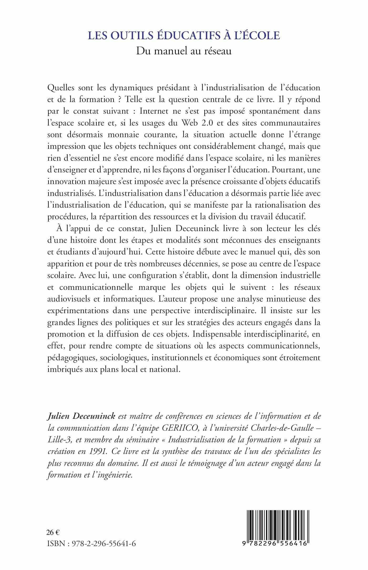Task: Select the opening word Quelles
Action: tap(61, 88)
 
